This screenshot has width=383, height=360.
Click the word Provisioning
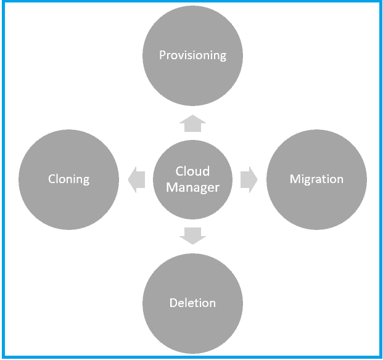[x=192, y=55]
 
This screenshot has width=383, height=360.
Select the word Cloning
[x=68, y=179]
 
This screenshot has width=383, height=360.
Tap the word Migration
[x=316, y=179]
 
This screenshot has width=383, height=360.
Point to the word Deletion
[x=192, y=303]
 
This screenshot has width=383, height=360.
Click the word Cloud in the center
[x=192, y=171]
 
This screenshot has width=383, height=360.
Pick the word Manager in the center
[x=192, y=187]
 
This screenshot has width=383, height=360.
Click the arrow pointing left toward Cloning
[x=136, y=179]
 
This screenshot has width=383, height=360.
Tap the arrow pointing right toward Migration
[x=249, y=179]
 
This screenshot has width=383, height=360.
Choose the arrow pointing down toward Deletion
[x=192, y=235]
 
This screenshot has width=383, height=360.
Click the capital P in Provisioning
[x=163, y=55]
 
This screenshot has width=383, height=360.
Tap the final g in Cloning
[x=86, y=181]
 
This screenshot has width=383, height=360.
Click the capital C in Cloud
[x=179, y=171]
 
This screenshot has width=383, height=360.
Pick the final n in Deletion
[x=213, y=303]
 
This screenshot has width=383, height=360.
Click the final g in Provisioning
[x=223, y=56]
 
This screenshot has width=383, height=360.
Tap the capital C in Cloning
[x=52, y=179]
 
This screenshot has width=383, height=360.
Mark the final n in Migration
[x=340, y=180]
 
